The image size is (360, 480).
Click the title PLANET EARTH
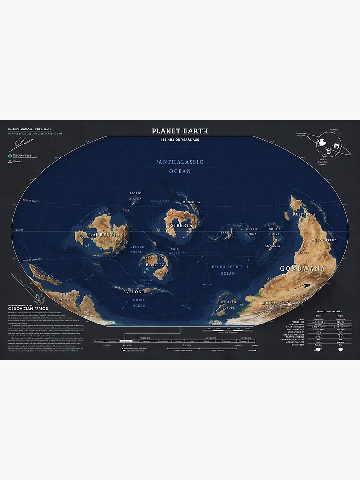[180, 131]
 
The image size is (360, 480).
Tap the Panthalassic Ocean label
[180, 167]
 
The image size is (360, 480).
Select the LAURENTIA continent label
[104, 235]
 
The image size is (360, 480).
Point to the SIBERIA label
[182, 225]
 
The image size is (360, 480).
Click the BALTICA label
[157, 265]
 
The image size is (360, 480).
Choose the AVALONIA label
[135, 291]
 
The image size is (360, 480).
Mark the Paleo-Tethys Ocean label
[228, 270]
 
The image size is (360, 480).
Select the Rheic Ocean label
[139, 302]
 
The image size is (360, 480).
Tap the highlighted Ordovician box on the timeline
[125, 341]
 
